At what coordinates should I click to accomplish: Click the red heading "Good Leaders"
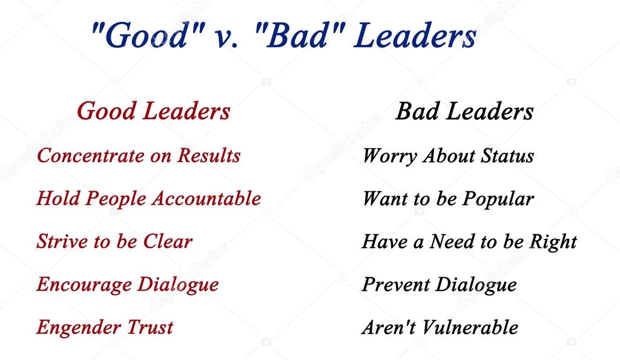coord(153,111)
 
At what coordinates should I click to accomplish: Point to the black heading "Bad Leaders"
coord(464,111)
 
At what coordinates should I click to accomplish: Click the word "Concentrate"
coord(91,155)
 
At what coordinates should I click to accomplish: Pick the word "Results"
coord(209,155)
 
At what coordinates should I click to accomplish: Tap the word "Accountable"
coord(207,198)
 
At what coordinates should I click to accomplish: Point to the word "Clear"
coord(168,241)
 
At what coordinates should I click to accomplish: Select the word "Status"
coord(507,155)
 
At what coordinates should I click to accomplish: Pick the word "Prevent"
coord(396,284)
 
